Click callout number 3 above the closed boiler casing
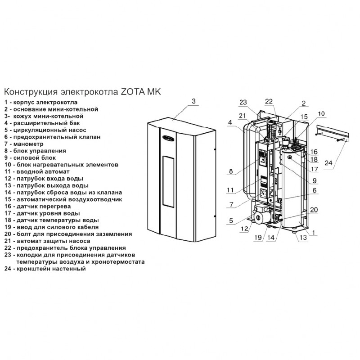click(193, 101)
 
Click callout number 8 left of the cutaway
click(231, 171)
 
